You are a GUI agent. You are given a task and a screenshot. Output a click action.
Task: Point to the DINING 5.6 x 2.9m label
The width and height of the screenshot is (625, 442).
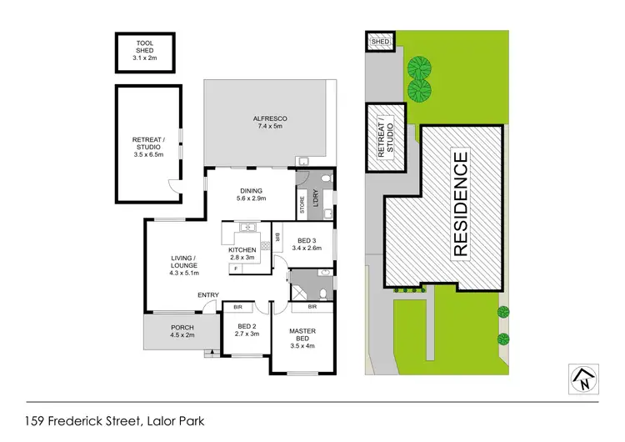pyautogui.click(x=251, y=194)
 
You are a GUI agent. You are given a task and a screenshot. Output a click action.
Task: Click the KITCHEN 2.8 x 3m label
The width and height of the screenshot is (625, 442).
pyautogui.click(x=242, y=254)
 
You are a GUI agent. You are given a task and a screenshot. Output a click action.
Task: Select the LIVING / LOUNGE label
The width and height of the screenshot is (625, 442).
pyautogui.click(x=182, y=265)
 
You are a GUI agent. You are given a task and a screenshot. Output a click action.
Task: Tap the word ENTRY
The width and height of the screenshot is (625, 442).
pyautogui.click(x=207, y=295)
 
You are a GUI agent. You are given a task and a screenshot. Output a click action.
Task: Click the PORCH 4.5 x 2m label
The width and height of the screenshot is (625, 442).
pyautogui.click(x=182, y=331)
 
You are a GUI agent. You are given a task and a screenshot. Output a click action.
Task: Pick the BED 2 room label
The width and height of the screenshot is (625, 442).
pyautogui.click(x=247, y=329)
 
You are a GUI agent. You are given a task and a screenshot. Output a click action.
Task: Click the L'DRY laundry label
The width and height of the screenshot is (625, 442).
pyautogui.click(x=316, y=199)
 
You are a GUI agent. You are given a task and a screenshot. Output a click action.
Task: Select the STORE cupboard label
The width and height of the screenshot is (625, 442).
pyautogui.click(x=302, y=205)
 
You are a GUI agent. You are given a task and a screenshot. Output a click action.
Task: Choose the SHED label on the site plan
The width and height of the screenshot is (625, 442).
pyautogui.click(x=380, y=41)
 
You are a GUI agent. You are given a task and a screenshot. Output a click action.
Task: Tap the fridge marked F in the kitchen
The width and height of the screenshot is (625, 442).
pyautogui.click(x=236, y=269)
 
